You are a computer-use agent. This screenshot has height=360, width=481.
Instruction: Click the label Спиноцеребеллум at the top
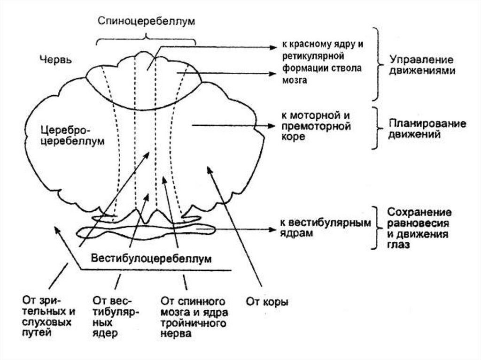pos(146,22)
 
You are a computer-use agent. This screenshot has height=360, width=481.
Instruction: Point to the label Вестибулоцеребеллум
pos(151,259)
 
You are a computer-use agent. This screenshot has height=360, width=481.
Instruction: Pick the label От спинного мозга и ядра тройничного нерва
pos(194,317)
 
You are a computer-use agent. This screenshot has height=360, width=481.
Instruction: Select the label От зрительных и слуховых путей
pos(47,316)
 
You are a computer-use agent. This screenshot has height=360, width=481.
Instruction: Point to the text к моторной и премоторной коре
pos(317,126)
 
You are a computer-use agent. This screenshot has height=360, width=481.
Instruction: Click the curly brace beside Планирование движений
pos(375,128)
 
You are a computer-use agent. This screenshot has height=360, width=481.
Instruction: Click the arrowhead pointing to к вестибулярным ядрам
pos(271,230)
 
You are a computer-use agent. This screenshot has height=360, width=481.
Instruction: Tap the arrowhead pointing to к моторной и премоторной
pos(271,126)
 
